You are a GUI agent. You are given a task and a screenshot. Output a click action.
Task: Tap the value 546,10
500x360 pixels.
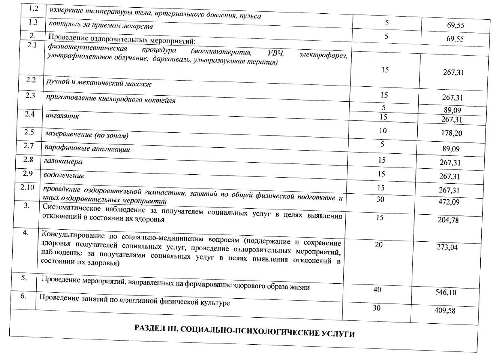446,292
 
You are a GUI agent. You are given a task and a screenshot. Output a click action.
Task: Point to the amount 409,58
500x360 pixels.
445,311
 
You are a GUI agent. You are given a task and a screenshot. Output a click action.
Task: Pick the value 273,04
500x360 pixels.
447,247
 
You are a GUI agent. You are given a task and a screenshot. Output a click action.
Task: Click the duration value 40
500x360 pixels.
377,290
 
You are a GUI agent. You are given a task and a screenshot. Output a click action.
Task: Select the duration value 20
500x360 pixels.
378,244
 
